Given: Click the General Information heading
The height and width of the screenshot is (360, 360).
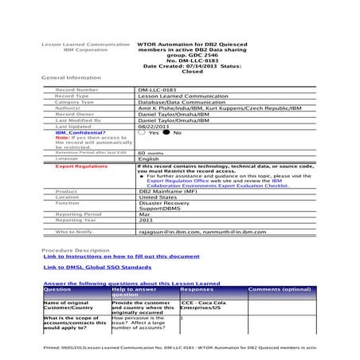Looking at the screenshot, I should [x=71, y=77].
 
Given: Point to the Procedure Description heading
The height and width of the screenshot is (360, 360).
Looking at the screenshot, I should [x=76, y=249].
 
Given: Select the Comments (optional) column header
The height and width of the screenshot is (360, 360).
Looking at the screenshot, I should [x=280, y=290].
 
